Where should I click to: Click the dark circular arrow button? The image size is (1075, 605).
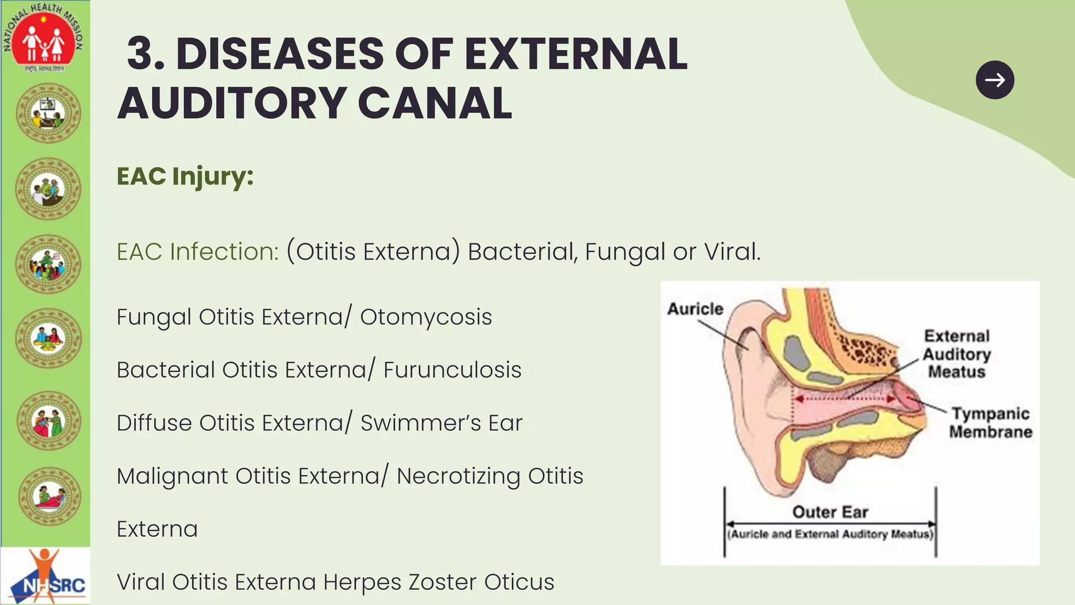click(x=995, y=80)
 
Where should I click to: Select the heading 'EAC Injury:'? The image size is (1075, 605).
click(x=185, y=176)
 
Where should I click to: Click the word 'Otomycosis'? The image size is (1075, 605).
click(x=426, y=317)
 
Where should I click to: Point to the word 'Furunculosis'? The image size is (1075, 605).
click(x=452, y=370)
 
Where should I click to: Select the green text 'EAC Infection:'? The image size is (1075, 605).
click(x=197, y=252)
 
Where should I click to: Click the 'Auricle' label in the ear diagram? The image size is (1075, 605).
click(x=695, y=309)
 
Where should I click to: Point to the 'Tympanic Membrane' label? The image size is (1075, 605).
click(x=990, y=423)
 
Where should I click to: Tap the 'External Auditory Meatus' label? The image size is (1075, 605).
click(x=956, y=354)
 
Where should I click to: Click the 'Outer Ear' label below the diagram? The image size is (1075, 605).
click(x=830, y=512)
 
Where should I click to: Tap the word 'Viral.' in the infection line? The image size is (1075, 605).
click(x=732, y=252)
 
